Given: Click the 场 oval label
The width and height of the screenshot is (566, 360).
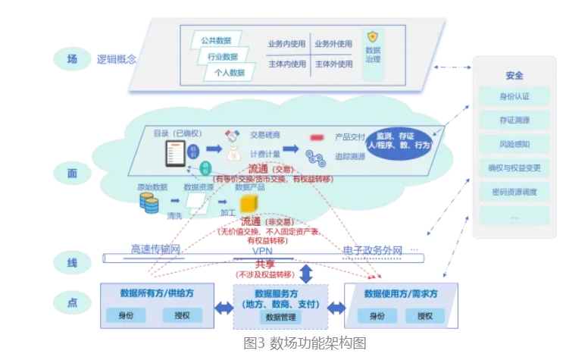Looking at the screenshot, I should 72,58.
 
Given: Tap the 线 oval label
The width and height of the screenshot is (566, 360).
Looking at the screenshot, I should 72,263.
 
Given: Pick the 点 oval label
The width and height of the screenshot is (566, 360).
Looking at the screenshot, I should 72,302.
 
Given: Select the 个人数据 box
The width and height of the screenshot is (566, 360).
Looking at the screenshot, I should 227,73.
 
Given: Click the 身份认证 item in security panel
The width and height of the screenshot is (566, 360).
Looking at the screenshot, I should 514,97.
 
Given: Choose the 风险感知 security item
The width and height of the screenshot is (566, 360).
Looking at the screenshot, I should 514,144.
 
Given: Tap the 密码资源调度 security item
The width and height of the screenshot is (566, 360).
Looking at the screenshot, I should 514,192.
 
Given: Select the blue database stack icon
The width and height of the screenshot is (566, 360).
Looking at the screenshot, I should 149,202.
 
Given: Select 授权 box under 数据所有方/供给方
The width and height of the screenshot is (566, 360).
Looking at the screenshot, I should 182,315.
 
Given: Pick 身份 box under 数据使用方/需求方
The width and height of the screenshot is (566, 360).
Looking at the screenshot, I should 377,315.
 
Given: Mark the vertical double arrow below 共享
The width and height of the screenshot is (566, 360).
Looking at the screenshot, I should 307,274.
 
